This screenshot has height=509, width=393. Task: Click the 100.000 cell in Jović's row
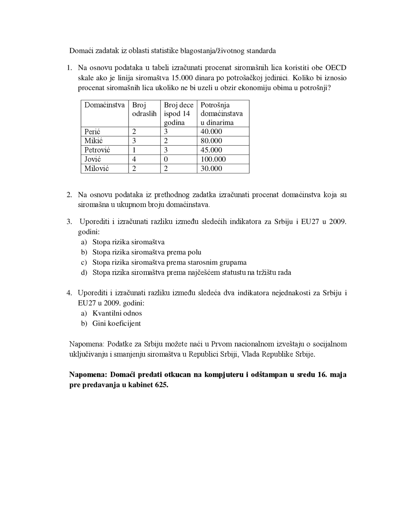click(x=213, y=159)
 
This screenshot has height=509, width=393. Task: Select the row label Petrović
click(x=97, y=150)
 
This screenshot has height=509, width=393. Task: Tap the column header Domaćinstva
click(x=104, y=105)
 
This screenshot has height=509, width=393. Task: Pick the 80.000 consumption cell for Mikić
click(x=211, y=141)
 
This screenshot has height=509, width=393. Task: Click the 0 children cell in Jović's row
click(x=166, y=159)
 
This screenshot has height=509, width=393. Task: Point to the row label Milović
click(x=96, y=168)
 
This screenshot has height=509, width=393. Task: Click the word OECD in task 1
click(x=336, y=68)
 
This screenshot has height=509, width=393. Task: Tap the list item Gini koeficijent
click(x=116, y=323)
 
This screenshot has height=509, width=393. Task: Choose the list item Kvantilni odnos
click(x=117, y=313)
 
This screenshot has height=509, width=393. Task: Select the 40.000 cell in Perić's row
click(x=211, y=132)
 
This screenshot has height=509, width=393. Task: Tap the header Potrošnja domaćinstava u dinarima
click(x=221, y=114)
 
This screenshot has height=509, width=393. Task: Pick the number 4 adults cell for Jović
click(x=134, y=159)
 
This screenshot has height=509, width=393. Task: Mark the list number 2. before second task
click(x=69, y=195)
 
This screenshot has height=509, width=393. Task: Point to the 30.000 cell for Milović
click(x=211, y=168)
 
